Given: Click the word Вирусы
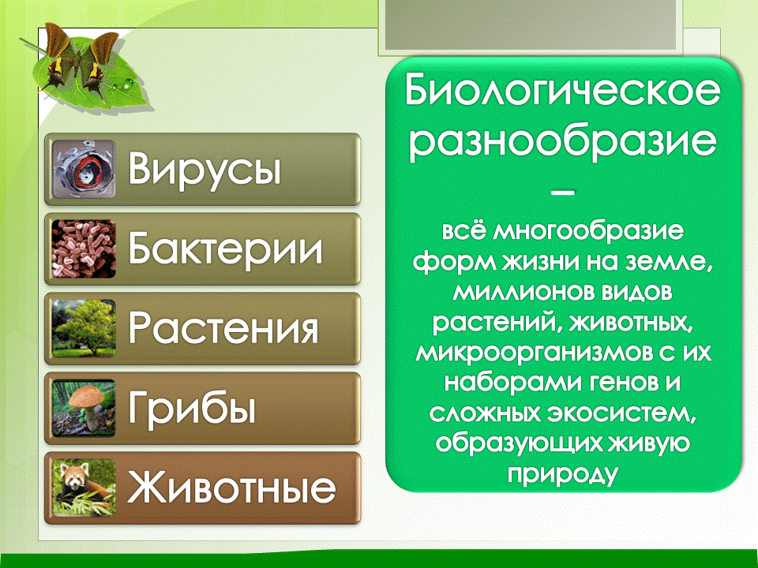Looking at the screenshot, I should [x=205, y=169].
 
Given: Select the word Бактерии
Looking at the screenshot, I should [x=226, y=248].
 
